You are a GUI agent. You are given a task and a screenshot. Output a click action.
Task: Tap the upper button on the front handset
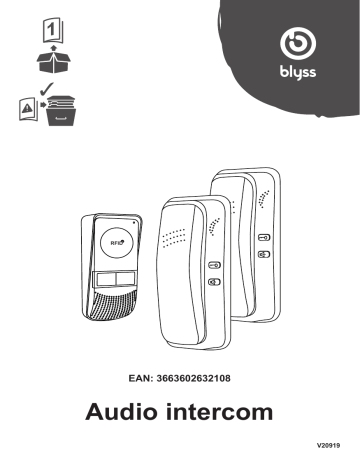point(214,266)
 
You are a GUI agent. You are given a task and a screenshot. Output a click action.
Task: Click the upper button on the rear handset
point(262,240)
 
